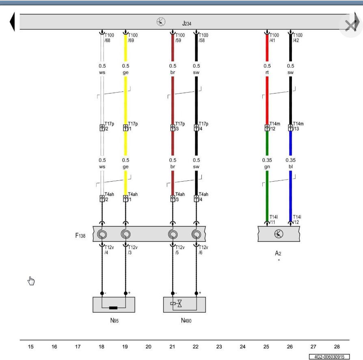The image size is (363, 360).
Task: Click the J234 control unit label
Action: point(187,24)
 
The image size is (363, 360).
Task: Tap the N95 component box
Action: point(114,305)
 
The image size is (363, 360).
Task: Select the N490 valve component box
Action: point(184,305)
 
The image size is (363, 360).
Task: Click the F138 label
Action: point(80,236)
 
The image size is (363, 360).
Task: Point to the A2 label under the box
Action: point(278,253)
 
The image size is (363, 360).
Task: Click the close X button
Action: point(350,26)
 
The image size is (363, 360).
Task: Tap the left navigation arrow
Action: point(12,22)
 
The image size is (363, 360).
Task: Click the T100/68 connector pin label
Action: point(109,38)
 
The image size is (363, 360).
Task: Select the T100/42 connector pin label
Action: point(298,38)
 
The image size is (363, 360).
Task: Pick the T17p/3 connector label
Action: point(180,126)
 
